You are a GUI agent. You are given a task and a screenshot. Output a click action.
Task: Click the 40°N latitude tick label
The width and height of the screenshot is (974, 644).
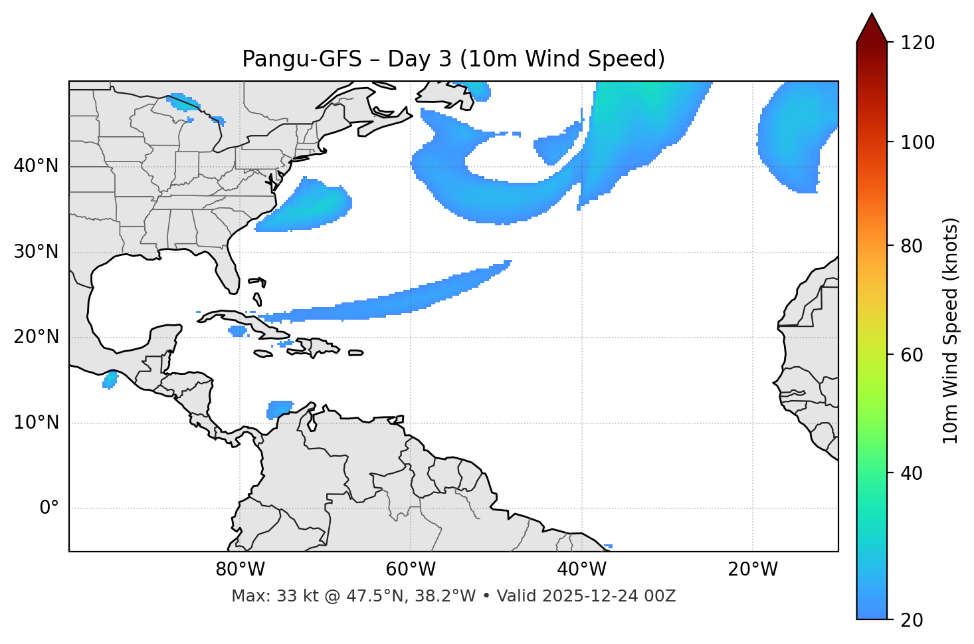(x=36, y=166)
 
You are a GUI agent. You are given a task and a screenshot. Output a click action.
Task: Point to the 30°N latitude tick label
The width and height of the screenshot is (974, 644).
(x=36, y=252)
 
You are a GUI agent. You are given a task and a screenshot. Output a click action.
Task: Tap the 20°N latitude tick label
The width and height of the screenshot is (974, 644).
(x=36, y=337)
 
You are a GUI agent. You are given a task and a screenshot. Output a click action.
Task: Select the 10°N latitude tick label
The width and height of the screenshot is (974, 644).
(x=36, y=423)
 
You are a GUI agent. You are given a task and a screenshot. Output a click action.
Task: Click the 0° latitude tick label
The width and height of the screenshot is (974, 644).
(x=49, y=508)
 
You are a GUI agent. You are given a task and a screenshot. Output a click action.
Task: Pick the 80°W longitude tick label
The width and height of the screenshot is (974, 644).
(x=240, y=570)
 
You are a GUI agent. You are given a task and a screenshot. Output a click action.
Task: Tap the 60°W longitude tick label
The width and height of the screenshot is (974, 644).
(x=411, y=570)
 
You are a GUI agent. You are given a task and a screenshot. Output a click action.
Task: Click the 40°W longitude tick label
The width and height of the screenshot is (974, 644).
(x=581, y=570)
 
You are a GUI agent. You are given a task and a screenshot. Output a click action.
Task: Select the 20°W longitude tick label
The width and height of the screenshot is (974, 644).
(x=753, y=570)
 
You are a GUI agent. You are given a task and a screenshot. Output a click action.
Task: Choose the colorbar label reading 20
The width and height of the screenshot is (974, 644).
(x=912, y=620)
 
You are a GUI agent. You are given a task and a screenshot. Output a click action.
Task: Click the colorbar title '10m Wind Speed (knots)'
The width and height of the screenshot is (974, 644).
(x=951, y=330)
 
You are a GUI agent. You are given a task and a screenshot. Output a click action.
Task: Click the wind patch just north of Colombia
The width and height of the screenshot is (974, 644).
(x=280, y=409)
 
